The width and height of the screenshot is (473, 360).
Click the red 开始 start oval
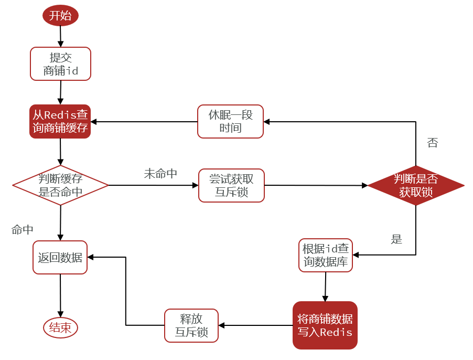click(x=60, y=15)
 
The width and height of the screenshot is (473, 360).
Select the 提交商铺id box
click(x=60, y=63)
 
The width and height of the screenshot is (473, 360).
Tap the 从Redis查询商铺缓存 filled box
click(x=60, y=121)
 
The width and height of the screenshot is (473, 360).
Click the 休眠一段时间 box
click(x=230, y=121)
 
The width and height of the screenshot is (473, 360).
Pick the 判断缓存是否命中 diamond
click(x=60, y=185)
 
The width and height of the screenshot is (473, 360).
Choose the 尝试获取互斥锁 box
click(x=231, y=185)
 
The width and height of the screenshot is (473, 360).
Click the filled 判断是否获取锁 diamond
click(x=416, y=185)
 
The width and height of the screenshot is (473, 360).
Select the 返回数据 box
click(x=60, y=257)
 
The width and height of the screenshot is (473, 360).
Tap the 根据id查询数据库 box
click(x=326, y=255)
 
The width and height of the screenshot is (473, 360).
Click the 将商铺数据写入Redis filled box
click(x=325, y=325)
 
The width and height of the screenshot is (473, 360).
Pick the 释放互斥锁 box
click(x=191, y=325)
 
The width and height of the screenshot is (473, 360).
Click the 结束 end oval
click(x=60, y=327)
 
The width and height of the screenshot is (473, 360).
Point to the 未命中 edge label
click(x=160, y=174)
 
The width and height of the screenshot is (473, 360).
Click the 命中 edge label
click(x=23, y=230)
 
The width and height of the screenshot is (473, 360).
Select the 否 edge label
click(x=432, y=142)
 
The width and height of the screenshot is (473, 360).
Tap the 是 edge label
click(x=396, y=239)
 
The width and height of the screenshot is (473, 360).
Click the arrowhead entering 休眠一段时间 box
click(x=266, y=122)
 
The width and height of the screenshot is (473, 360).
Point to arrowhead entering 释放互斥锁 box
click(x=221, y=325)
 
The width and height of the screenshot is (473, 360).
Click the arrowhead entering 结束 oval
click(x=60, y=314)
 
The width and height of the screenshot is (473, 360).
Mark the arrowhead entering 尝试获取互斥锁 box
click(x=196, y=185)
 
